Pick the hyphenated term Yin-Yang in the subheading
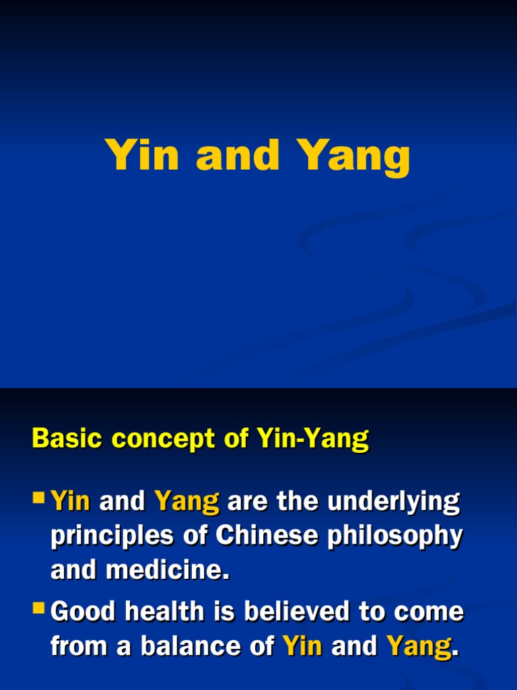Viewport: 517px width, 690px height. click(312, 440)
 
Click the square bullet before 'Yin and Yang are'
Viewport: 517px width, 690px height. click(40, 499)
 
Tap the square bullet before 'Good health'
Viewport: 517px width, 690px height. click(40, 610)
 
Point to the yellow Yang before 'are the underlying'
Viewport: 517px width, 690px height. click(187, 502)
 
